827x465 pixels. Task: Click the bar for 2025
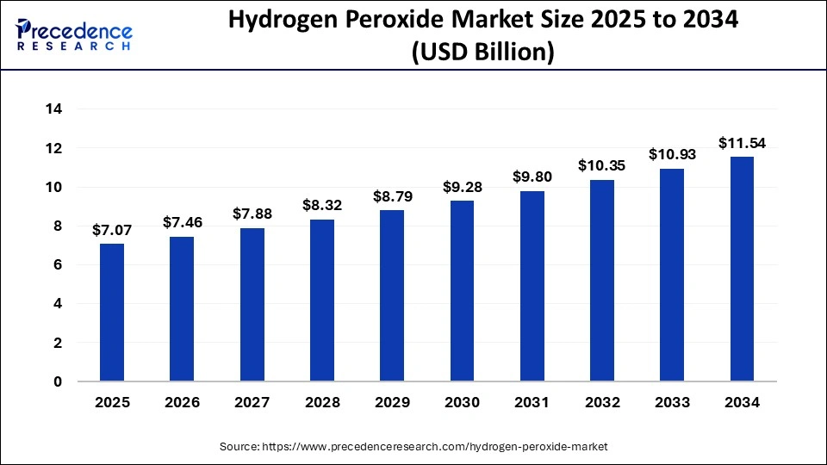[x=112, y=312]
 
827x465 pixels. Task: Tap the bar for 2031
[x=532, y=286]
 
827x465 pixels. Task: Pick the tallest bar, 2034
[x=742, y=269]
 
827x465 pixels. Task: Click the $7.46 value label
[x=182, y=223]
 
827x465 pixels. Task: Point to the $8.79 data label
[x=392, y=197]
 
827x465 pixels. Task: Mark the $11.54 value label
[x=742, y=143]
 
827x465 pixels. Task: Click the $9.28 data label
[x=463, y=187]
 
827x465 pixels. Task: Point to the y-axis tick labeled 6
[x=57, y=265]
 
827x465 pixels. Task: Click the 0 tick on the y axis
[x=57, y=381]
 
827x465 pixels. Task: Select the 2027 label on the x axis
[x=252, y=402]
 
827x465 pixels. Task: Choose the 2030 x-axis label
[x=463, y=402]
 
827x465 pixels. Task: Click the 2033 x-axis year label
[x=672, y=402]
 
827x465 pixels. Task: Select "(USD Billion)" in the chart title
[x=482, y=53]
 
